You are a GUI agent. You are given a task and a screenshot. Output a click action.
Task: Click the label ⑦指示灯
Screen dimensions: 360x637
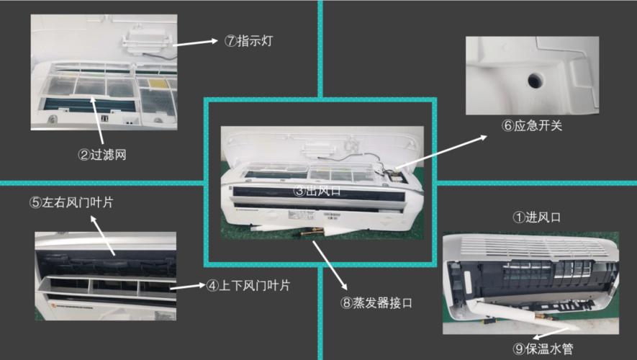pos(248,41)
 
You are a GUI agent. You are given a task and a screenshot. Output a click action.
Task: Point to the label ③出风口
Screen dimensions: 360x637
pos(317,191)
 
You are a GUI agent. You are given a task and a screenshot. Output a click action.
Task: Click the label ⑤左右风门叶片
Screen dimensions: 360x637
pos(71,202)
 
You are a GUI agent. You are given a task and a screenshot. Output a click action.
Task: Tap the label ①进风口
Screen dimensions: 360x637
pos(536,216)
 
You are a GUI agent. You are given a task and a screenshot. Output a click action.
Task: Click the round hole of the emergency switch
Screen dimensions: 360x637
pos(534,78)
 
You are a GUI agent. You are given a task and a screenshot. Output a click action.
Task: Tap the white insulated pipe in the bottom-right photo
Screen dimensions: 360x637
pos(497,310)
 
